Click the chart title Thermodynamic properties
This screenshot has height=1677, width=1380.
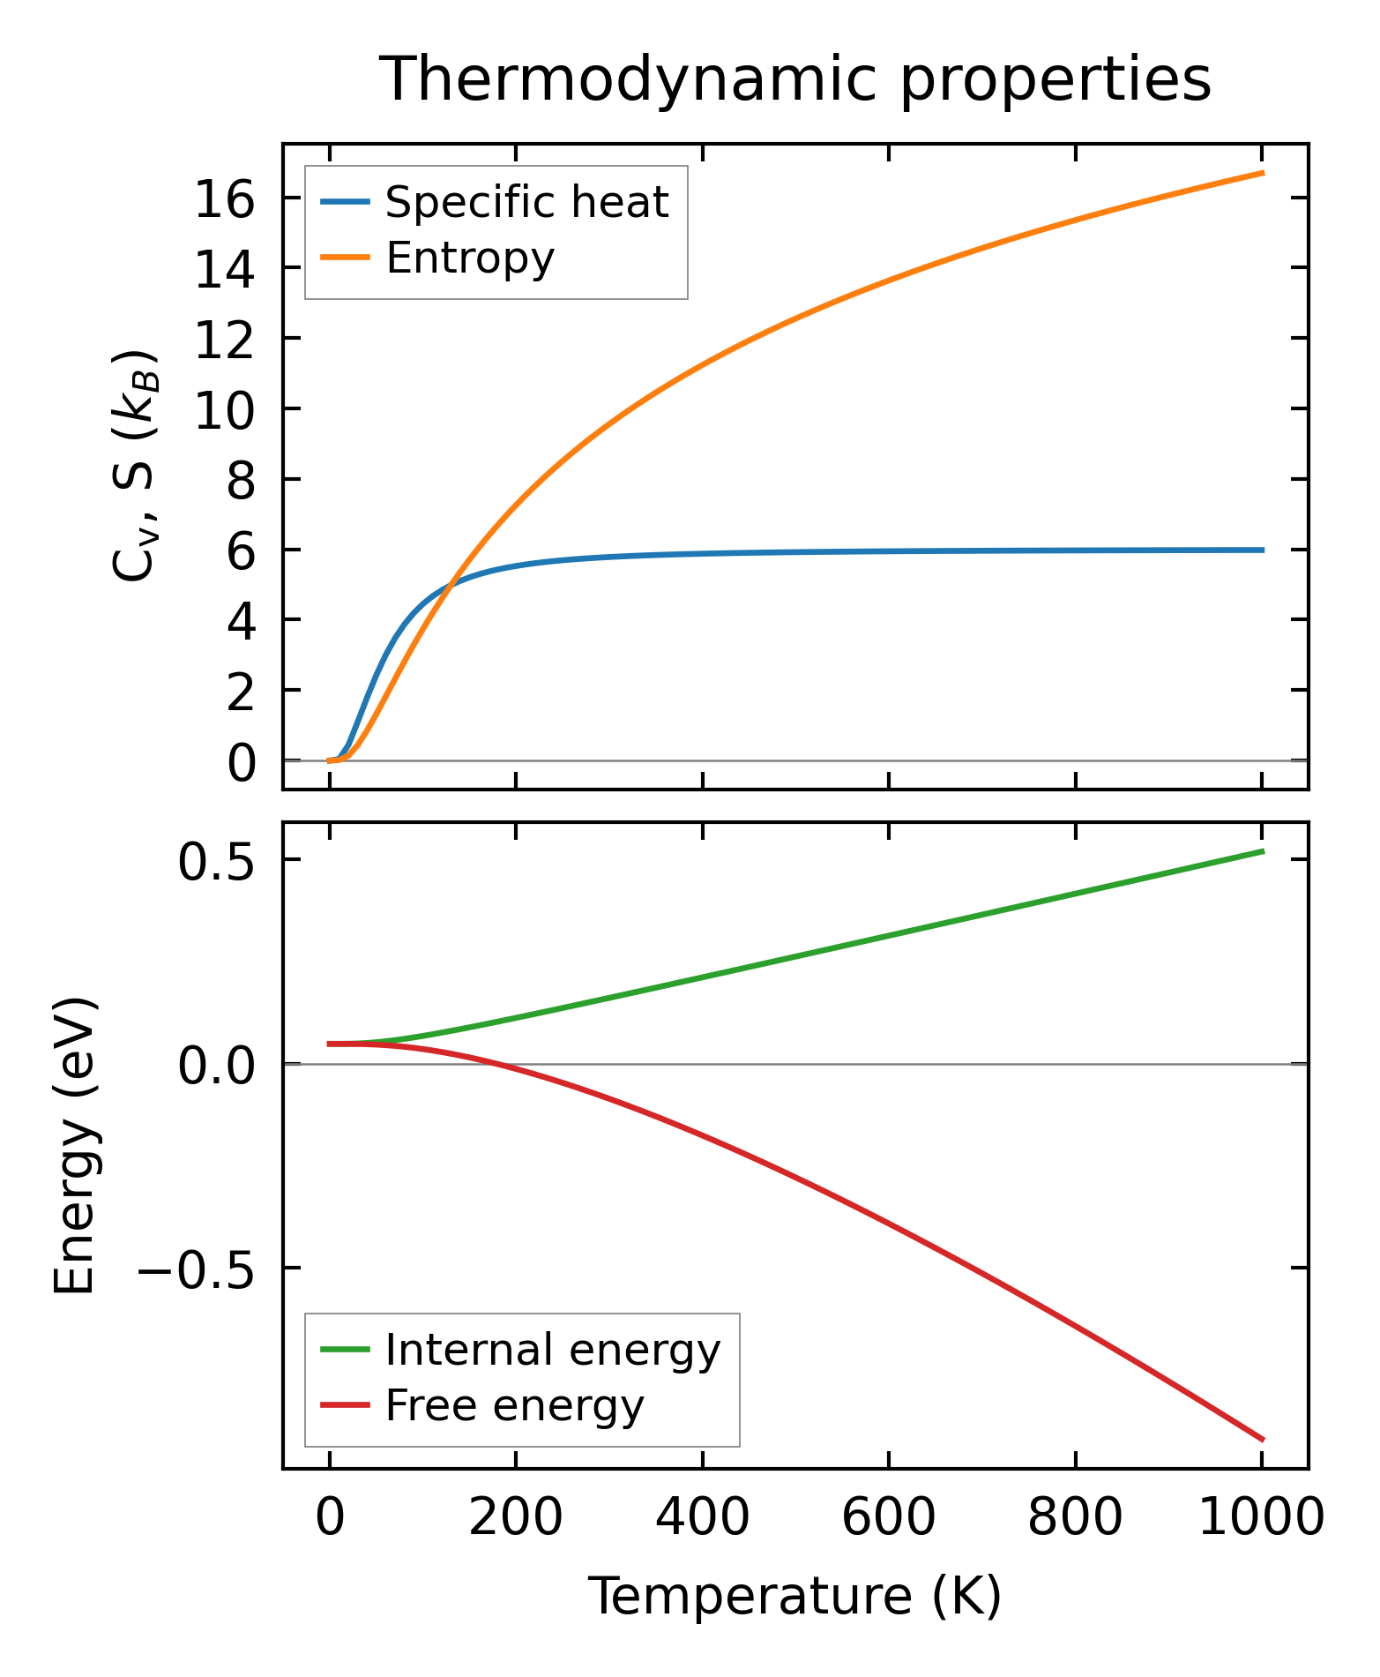click(x=794, y=79)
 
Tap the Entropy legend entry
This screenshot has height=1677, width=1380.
click(x=470, y=258)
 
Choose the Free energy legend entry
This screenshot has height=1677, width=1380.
click(x=515, y=1405)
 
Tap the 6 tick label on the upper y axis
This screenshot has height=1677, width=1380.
click(x=240, y=553)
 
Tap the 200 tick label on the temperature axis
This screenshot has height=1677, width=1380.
click(x=516, y=1519)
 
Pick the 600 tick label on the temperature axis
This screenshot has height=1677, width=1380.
click(x=889, y=1519)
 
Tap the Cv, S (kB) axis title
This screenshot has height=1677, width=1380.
click(x=134, y=466)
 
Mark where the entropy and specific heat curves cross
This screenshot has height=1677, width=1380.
click(x=450, y=584)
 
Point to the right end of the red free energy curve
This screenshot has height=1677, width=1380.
click(x=1263, y=1440)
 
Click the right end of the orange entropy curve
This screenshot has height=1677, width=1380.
click(x=1263, y=173)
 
